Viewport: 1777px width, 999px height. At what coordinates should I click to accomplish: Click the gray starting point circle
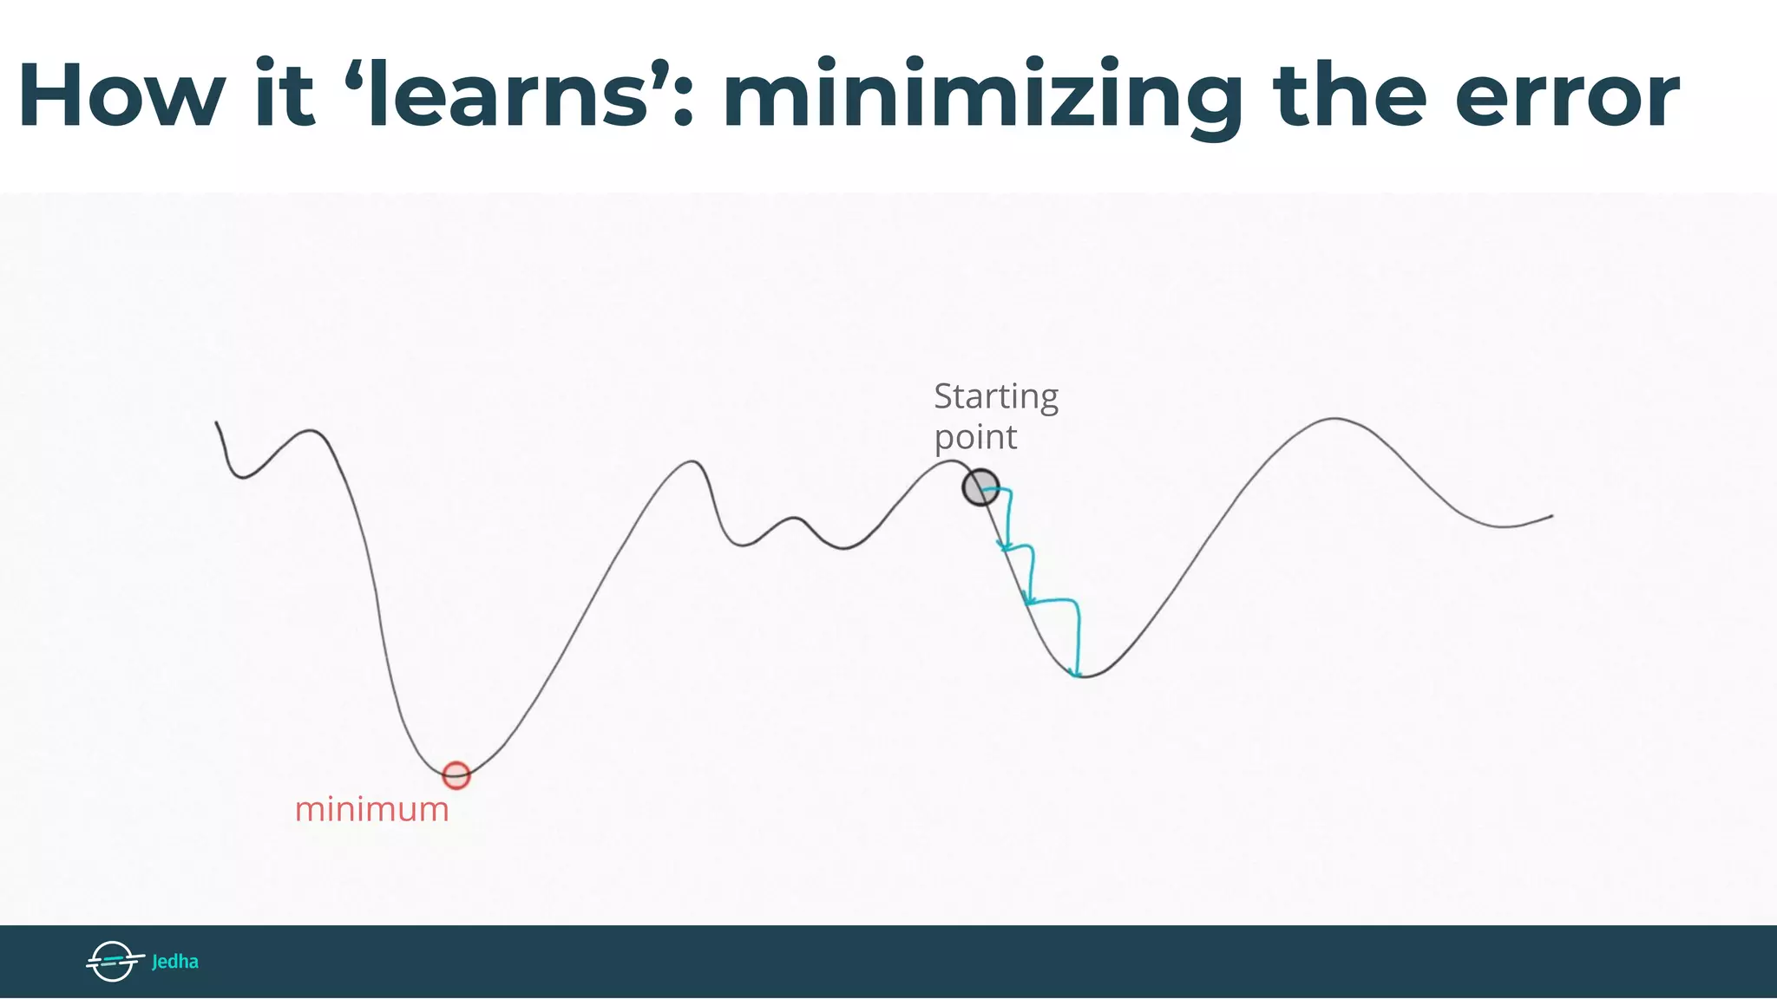980,487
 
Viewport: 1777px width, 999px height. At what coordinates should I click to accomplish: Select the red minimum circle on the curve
456,775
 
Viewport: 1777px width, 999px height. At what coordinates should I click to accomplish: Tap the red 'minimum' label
372,809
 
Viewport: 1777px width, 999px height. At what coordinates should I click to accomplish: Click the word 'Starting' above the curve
996,397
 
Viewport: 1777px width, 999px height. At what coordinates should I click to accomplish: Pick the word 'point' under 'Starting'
975,438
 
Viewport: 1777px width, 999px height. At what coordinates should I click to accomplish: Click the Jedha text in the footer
175,962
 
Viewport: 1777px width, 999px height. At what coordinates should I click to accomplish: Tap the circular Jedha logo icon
113,961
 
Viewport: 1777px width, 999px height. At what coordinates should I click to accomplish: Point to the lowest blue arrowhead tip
1077,674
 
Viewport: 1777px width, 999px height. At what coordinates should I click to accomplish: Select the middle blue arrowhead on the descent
1028,600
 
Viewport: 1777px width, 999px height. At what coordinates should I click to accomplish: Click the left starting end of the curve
217,423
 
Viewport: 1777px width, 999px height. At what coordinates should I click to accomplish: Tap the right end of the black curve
1551,516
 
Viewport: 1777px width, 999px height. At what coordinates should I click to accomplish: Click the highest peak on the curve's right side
1334,419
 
